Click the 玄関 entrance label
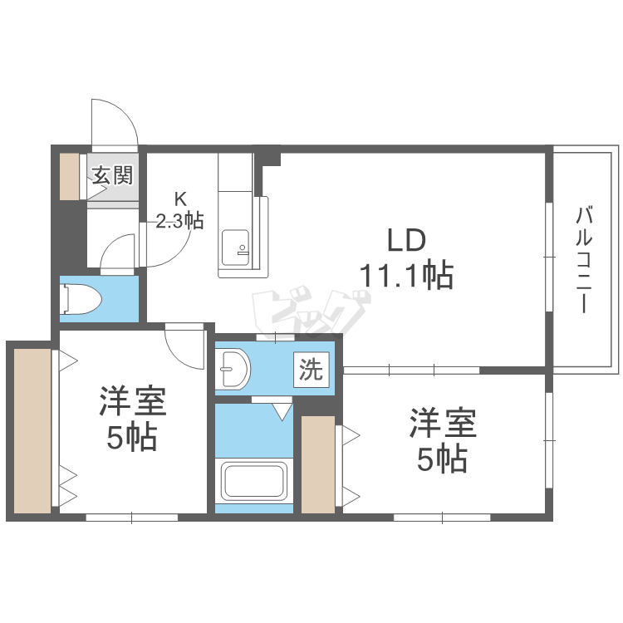112,175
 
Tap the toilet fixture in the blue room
81,299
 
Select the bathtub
254,481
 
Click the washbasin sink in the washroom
234,369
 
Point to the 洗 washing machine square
311,370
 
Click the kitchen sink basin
235,248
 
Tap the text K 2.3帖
179,211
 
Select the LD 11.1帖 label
406,258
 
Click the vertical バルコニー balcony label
584,259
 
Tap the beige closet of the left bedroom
32,430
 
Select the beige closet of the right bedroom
318,464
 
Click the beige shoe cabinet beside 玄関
70,176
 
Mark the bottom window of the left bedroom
131,518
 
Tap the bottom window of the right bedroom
442,518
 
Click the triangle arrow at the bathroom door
282,412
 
